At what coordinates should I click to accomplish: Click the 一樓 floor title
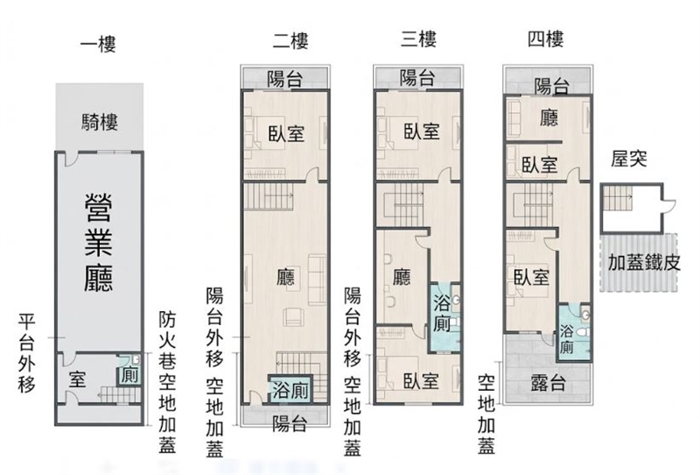(x=98, y=44)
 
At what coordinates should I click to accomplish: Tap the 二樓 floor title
(x=290, y=40)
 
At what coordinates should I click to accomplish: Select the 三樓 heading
(x=418, y=39)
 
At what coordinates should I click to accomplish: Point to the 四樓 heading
(x=545, y=39)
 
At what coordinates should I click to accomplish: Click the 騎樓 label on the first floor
(x=100, y=122)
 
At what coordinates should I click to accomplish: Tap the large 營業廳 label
(x=99, y=243)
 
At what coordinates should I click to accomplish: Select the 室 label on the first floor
(x=77, y=379)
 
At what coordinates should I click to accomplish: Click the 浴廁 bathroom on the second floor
(x=290, y=389)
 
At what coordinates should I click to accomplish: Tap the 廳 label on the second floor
(x=286, y=277)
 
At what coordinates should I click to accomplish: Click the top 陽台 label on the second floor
(x=285, y=79)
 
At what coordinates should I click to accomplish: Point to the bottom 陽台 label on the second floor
(x=290, y=422)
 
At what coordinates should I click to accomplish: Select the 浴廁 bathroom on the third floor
(x=444, y=316)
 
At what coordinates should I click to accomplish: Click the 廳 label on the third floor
(x=402, y=277)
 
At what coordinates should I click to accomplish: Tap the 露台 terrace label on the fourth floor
(x=549, y=383)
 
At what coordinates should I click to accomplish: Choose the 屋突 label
(x=628, y=159)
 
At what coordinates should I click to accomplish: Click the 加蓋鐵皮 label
(x=644, y=263)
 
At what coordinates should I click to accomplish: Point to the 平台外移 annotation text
(x=27, y=353)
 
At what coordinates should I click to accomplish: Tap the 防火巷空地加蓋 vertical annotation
(x=167, y=382)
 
